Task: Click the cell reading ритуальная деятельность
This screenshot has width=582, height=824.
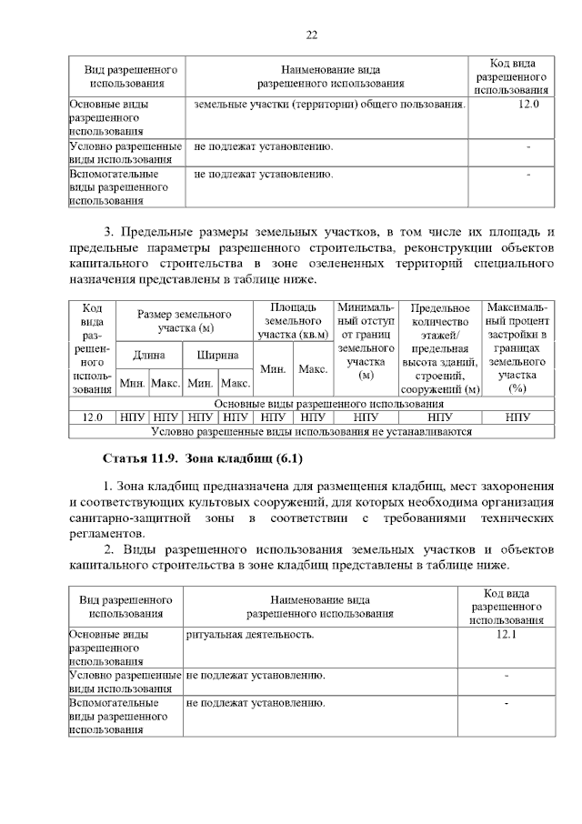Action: coord(250,634)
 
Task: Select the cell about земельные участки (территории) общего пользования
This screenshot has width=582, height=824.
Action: coord(329,105)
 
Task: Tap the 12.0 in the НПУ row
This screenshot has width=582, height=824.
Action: coord(92,417)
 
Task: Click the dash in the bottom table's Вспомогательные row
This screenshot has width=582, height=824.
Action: coord(507,703)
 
